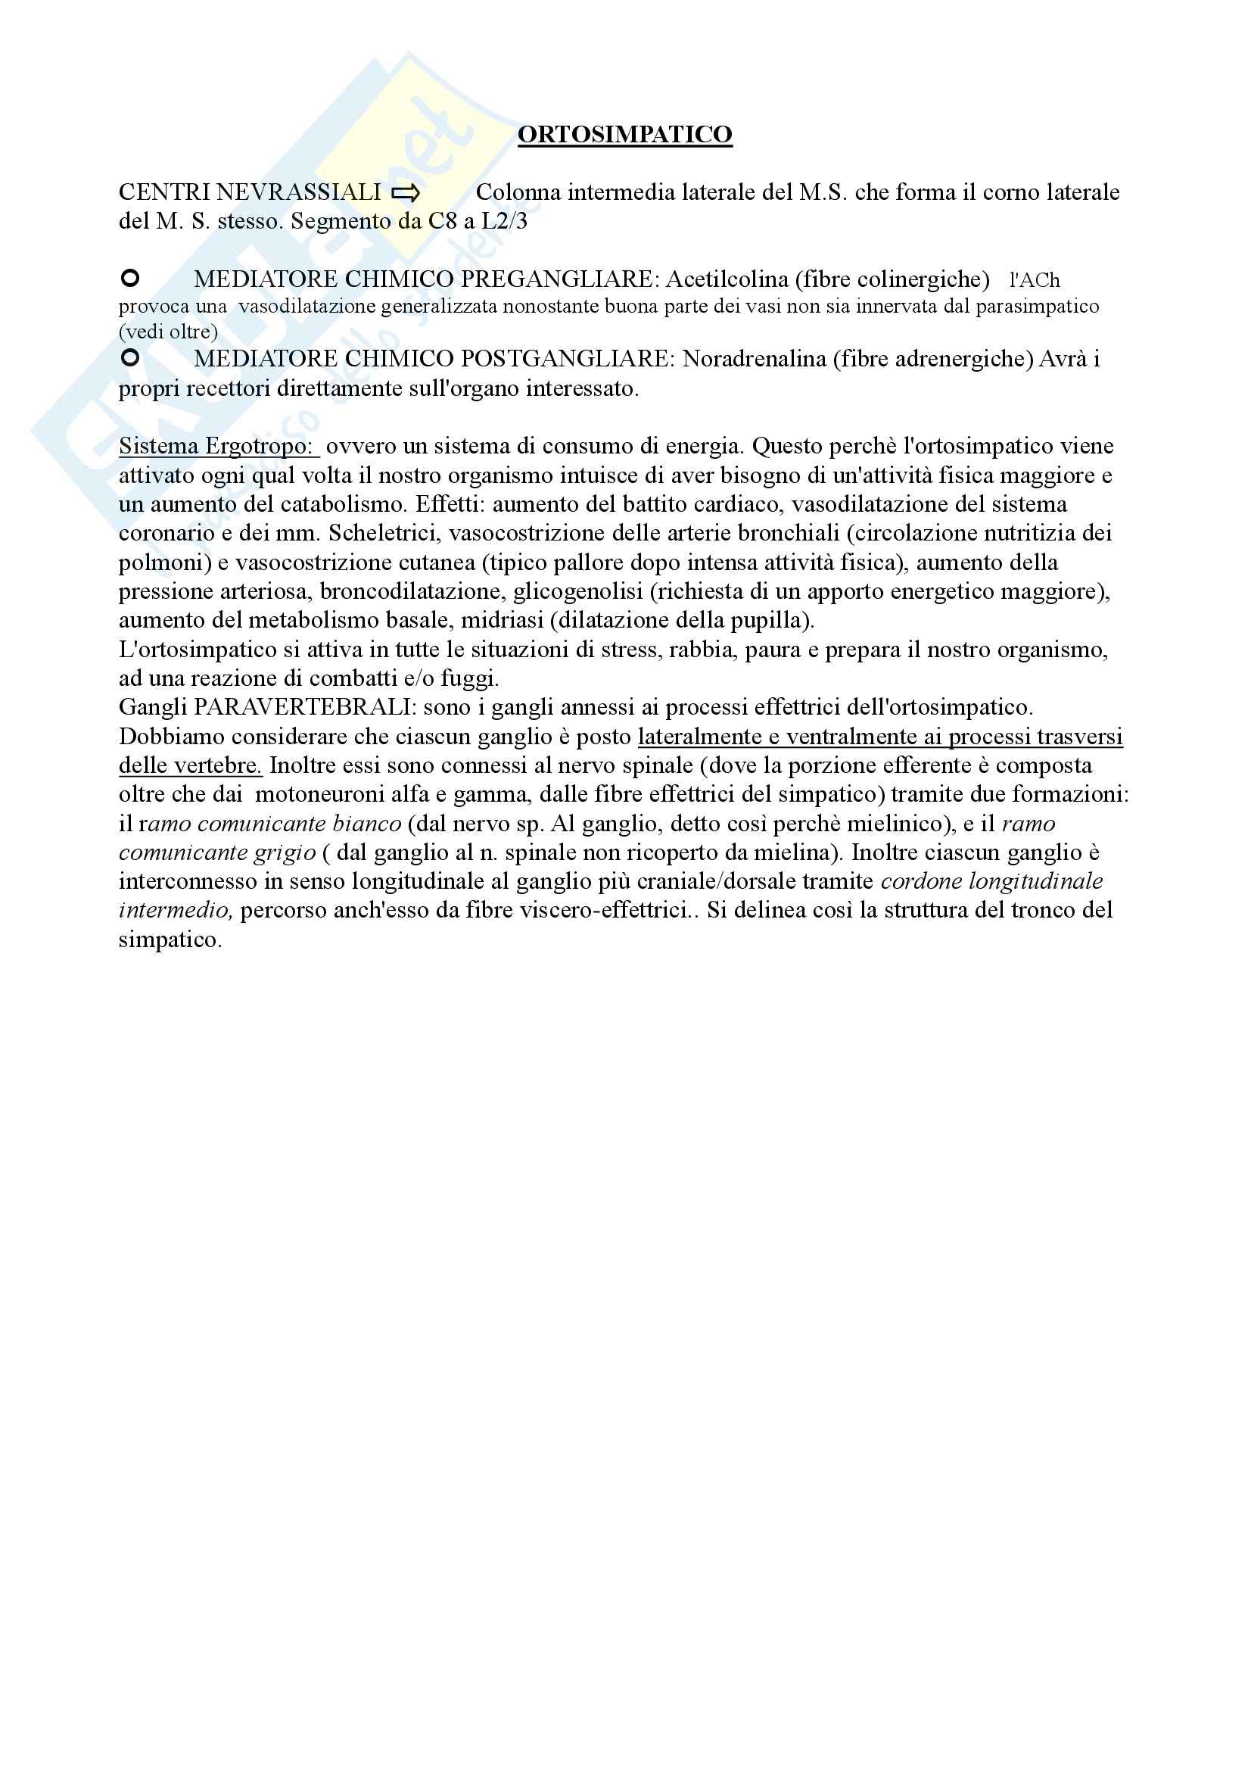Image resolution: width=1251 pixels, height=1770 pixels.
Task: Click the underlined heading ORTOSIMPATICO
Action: (x=624, y=134)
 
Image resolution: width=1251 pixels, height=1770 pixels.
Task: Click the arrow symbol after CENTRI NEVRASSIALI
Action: (x=406, y=194)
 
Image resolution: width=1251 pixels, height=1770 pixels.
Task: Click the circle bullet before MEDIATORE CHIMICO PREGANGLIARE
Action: (x=130, y=278)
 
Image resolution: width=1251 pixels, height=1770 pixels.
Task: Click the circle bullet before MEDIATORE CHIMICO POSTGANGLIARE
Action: (x=130, y=357)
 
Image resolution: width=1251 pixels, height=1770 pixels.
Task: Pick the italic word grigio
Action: (x=288, y=852)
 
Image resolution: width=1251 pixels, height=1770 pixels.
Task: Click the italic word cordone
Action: (x=920, y=881)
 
